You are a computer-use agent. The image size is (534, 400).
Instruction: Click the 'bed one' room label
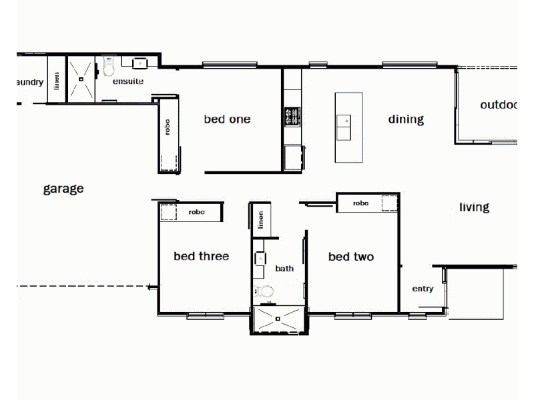click(227, 119)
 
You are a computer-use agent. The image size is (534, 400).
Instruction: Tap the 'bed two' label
click(350, 257)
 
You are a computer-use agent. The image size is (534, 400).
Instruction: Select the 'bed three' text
click(201, 256)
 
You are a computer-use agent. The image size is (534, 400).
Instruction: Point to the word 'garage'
click(63, 189)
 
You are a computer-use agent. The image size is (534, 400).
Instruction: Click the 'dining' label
click(406, 120)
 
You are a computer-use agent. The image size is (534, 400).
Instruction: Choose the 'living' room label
click(474, 207)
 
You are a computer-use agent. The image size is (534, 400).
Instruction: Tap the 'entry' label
click(423, 289)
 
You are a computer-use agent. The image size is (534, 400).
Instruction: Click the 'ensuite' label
click(127, 81)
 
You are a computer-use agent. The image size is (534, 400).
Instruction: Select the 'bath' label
click(284, 269)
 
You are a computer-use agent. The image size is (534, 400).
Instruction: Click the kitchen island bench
click(348, 127)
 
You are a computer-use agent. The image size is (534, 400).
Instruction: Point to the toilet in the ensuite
click(109, 67)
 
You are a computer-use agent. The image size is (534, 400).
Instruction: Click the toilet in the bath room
click(265, 292)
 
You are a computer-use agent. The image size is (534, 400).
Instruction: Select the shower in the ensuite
click(81, 78)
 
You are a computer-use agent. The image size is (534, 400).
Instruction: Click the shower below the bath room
click(278, 319)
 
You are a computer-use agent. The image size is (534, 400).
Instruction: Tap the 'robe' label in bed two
click(360, 203)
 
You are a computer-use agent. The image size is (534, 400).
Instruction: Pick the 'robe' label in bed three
click(196, 212)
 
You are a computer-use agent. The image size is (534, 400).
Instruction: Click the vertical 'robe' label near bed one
click(168, 127)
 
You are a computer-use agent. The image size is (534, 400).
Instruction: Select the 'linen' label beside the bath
click(261, 220)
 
